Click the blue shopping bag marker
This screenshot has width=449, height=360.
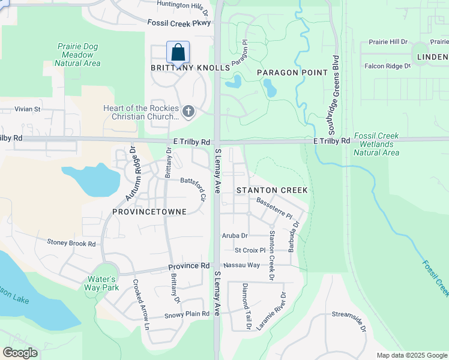point(178,53)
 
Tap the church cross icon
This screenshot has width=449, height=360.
point(188,111)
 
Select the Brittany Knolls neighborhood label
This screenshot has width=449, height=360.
point(190,68)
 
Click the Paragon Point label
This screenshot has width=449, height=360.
point(292,73)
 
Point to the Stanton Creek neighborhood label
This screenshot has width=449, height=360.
point(272,190)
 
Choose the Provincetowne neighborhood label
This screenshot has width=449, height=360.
point(149,212)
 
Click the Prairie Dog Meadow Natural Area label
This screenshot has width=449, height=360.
point(79,55)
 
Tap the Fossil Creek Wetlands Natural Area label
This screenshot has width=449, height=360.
point(376,145)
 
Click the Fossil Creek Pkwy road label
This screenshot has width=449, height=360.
point(179,22)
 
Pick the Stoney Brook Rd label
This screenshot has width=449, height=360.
point(71,244)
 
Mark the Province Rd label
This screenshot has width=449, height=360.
point(188,265)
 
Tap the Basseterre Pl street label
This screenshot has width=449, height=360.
point(274,208)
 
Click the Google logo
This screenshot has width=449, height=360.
point(20,353)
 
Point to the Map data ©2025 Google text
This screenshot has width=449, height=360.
point(411,355)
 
